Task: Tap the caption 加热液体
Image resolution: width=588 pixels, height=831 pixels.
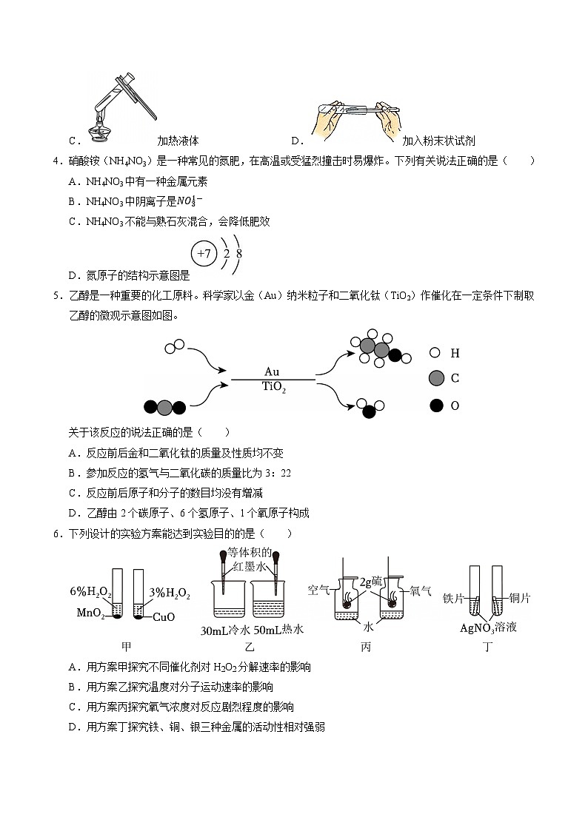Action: click(178, 141)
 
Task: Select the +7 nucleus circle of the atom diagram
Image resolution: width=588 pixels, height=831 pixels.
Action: click(204, 254)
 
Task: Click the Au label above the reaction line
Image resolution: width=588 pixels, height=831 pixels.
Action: click(272, 371)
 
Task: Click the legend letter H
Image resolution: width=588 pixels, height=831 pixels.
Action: click(455, 354)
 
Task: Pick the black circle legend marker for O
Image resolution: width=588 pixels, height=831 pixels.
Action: click(436, 405)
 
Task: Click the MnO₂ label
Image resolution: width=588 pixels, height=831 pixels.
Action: click(91, 613)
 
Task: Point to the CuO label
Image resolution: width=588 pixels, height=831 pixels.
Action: click(163, 616)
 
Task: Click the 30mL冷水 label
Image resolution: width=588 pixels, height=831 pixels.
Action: click(225, 630)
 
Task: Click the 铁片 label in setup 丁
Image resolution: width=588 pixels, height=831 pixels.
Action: click(453, 598)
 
